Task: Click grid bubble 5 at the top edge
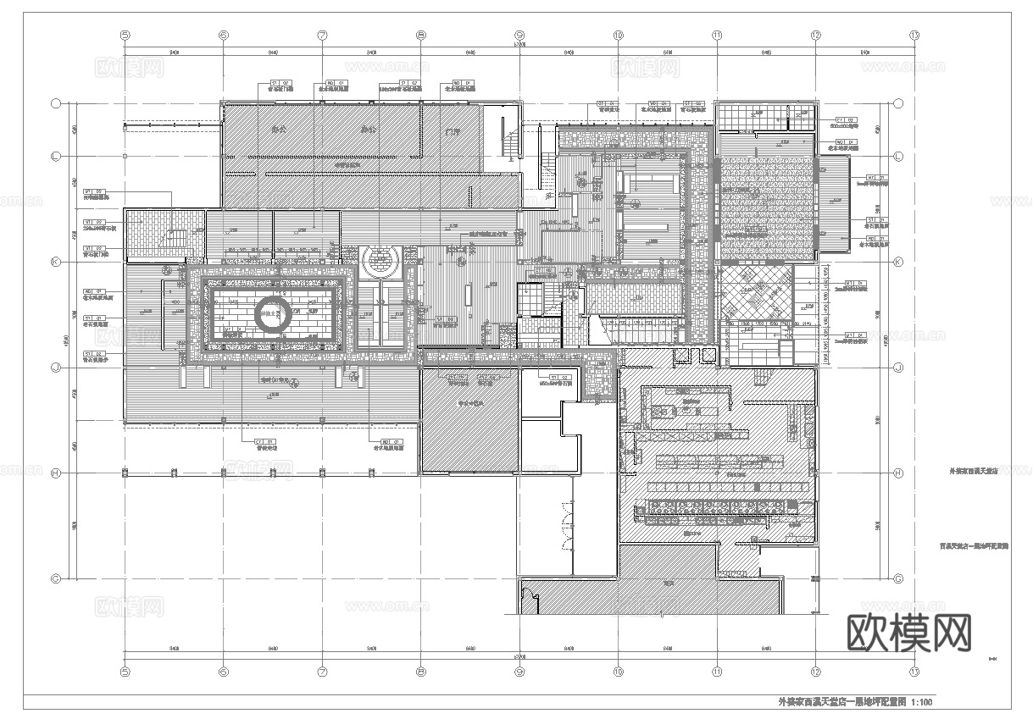tap(125, 36)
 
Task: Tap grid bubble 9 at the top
tap(519, 36)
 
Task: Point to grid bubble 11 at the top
tap(717, 36)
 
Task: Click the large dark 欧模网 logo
tap(908, 633)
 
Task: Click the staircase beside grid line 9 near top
tap(508, 144)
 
